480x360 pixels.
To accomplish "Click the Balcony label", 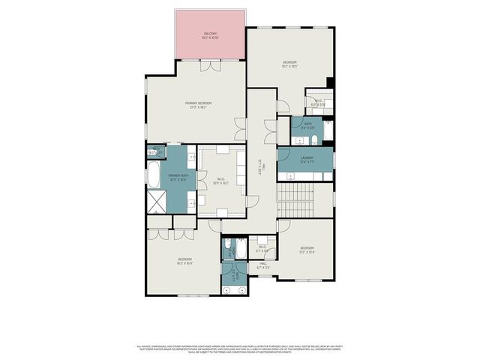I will (211, 35).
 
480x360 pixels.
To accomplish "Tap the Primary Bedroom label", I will (199, 105).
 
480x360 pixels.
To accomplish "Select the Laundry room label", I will (307, 158).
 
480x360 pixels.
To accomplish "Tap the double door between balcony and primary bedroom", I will (211, 66).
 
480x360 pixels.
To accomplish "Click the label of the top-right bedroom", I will (290, 64).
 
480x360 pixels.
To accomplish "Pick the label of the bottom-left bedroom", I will (184, 262).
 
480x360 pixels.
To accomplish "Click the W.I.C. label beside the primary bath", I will (220, 181).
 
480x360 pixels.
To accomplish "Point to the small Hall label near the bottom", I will (263, 265).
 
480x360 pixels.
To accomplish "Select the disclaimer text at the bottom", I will (240, 348).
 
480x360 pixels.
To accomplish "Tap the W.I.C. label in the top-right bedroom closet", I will (319, 103).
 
